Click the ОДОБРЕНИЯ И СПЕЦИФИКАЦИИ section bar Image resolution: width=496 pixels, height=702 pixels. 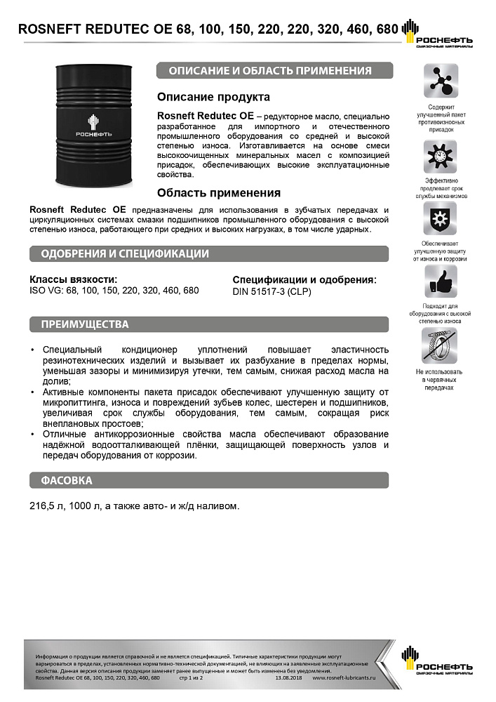tap(209, 253)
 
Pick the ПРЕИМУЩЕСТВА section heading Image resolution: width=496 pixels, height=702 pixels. tap(209, 325)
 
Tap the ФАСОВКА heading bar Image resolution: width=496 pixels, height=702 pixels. tap(209, 481)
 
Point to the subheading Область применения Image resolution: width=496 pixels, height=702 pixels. tap(219, 192)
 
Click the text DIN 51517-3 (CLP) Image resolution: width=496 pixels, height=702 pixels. tap(272, 291)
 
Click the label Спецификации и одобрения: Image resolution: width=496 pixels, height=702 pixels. tap(304, 279)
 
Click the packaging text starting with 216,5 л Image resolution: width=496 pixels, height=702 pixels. tap(135, 505)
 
